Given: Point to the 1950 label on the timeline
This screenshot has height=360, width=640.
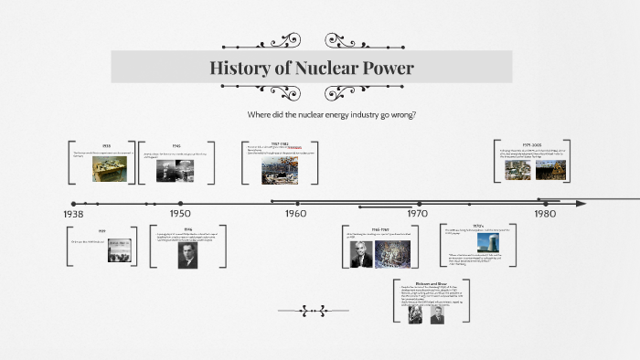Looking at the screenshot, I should point(179,213).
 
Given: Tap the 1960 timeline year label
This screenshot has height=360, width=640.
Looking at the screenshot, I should point(295,213).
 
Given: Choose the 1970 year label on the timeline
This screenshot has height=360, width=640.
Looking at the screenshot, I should point(417,213).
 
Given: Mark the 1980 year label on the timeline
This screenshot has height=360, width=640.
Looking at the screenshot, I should point(545,213).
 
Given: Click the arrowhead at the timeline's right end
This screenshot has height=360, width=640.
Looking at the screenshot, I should point(580,203).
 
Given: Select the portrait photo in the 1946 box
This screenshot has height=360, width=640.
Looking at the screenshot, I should point(189,255).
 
